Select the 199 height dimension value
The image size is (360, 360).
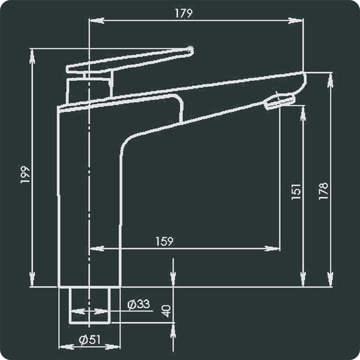pyautogui.click(x=25, y=175)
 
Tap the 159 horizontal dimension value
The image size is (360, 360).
pyautogui.click(x=164, y=240)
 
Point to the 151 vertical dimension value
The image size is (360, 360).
pyautogui.click(x=295, y=191)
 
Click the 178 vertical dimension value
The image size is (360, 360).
pyautogui.click(x=323, y=191)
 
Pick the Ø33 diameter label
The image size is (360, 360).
pyautogui.click(x=139, y=304)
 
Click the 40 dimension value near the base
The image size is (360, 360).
pyautogui.click(x=166, y=309)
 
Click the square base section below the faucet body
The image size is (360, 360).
pyautogui.click(x=89, y=304)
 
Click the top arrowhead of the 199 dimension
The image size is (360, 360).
pyautogui.click(x=33, y=52)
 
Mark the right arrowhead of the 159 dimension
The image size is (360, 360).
pyautogui.click(x=276, y=248)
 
